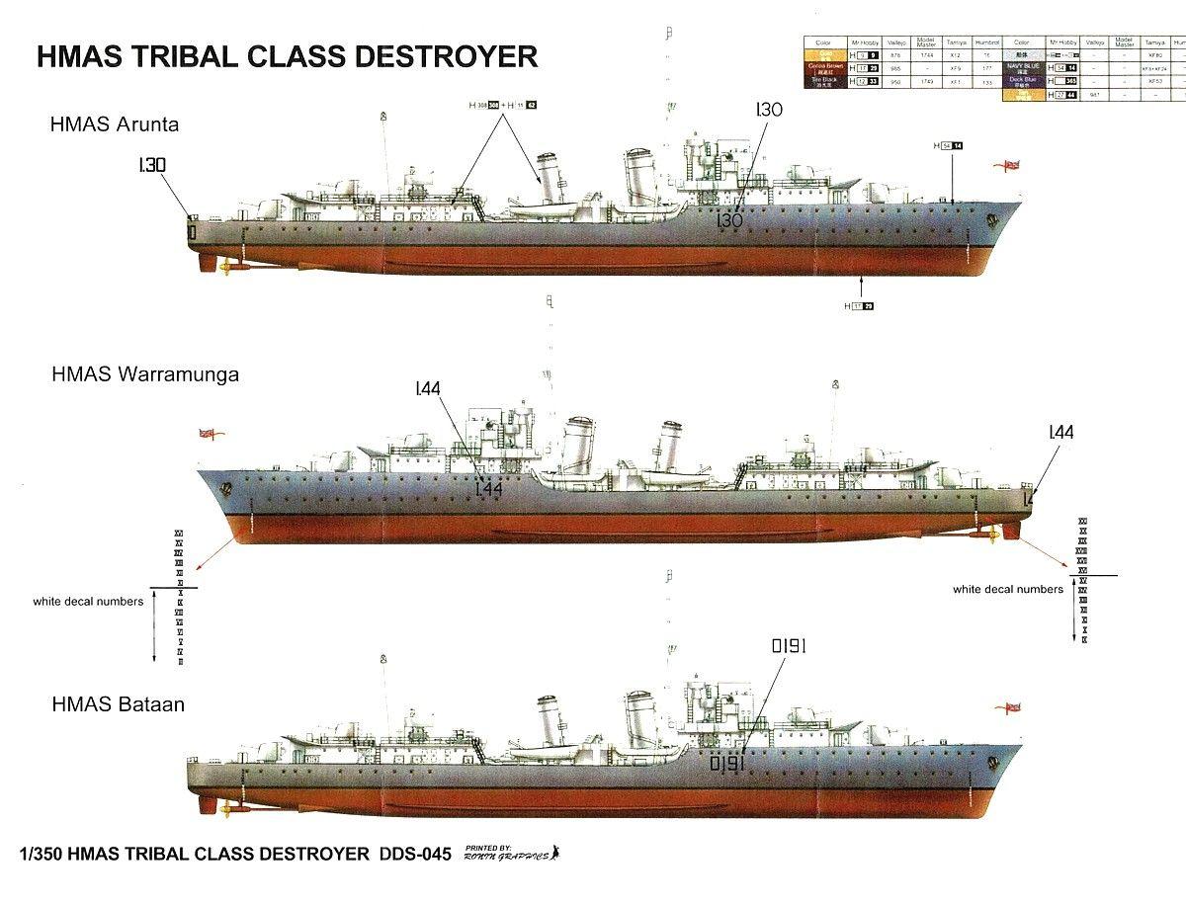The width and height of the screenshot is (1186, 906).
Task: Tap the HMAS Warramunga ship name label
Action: pos(144,375)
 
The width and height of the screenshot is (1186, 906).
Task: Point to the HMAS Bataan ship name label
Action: pos(119,705)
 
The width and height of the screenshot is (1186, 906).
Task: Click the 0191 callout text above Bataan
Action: pos(790,646)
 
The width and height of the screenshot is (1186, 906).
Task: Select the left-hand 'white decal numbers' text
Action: pos(88,601)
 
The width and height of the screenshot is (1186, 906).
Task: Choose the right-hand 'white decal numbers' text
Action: pos(1008,589)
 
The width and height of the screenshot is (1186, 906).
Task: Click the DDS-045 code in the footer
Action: pos(414,854)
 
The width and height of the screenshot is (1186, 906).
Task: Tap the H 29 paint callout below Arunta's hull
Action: pos(859,306)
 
